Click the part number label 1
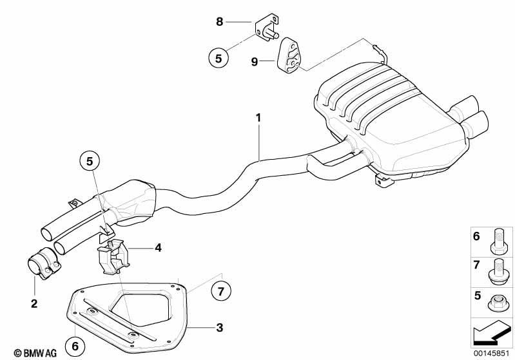[x=258, y=118]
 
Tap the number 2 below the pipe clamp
[x=34, y=303]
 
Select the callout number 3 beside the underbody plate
[x=220, y=328]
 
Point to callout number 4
[x=158, y=248]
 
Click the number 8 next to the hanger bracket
[x=219, y=22]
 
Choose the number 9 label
[x=254, y=61]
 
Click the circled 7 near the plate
[x=220, y=291]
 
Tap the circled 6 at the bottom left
[x=75, y=346]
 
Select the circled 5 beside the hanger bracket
[x=219, y=58]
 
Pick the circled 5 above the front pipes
[x=90, y=161]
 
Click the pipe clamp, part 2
[x=43, y=266]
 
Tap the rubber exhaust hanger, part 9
[x=290, y=56]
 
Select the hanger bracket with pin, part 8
[x=267, y=28]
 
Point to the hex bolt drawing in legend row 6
[x=498, y=242]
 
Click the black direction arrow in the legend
[x=491, y=333]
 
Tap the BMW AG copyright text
[x=35, y=353]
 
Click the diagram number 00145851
[x=491, y=353]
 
